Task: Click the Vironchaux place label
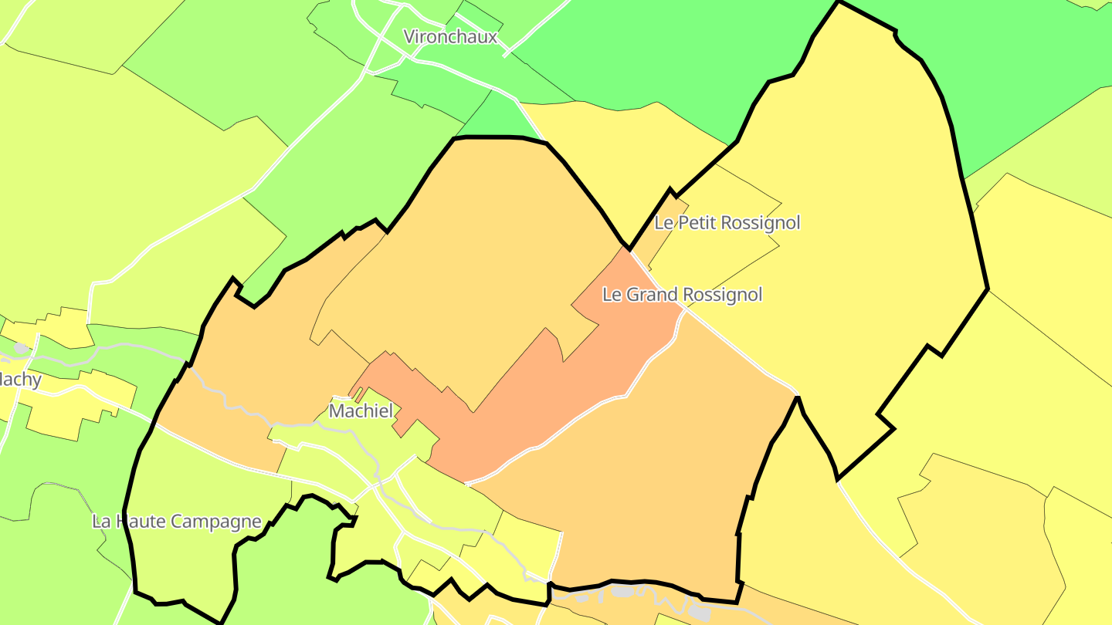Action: click(451, 37)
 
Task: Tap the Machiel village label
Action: click(361, 411)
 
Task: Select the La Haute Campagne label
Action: click(177, 522)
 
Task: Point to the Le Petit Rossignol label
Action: click(727, 223)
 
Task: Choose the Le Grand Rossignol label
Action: click(682, 295)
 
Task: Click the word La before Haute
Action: click(101, 522)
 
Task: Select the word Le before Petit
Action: click(663, 223)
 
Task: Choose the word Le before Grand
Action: click(611, 295)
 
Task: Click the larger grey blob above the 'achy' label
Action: click(21, 349)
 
